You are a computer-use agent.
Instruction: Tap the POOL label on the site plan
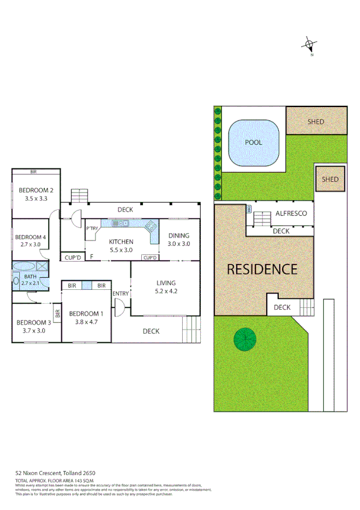(x=253, y=143)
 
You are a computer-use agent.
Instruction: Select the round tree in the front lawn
(x=245, y=340)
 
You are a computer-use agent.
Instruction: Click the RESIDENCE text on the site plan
(x=261, y=269)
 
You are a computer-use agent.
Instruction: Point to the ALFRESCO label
(x=291, y=214)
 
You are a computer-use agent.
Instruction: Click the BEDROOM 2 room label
(x=35, y=191)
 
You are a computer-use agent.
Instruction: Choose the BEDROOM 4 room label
(x=30, y=237)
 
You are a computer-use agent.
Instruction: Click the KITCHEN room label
(x=121, y=242)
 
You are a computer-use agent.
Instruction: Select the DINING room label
(x=178, y=236)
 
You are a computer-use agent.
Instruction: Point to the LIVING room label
(x=166, y=283)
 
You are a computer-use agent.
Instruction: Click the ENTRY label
(x=120, y=293)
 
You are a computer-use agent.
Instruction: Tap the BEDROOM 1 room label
(x=86, y=313)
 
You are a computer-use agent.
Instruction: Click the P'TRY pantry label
(x=92, y=228)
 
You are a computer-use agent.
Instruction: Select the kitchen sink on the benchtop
(x=121, y=224)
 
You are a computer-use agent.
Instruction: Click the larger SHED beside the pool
(x=316, y=121)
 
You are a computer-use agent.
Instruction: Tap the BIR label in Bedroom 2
(x=34, y=172)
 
